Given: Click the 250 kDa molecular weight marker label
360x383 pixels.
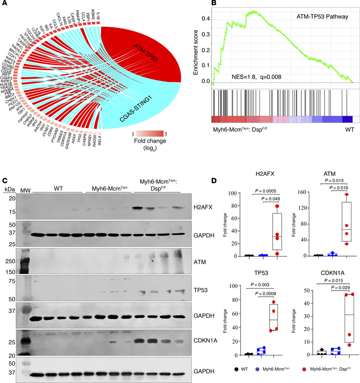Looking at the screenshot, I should (14, 259).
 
